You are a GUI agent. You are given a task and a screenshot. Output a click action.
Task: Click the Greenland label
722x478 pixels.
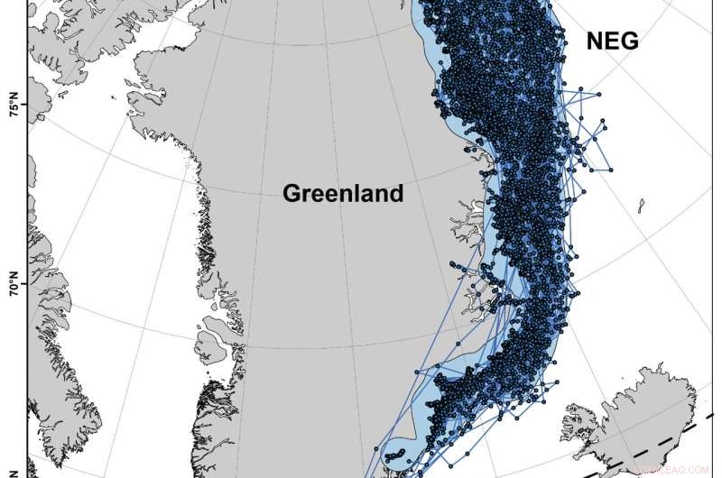343,193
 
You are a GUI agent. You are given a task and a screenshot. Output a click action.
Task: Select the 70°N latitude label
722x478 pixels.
14,288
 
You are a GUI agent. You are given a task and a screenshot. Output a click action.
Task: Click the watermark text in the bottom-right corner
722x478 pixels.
672,469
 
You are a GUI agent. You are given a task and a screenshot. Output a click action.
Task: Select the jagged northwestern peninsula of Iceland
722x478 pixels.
578,420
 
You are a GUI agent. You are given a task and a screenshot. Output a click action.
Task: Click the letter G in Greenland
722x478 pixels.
292,193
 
